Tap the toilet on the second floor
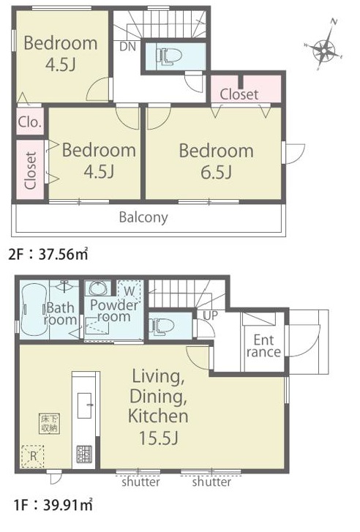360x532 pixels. [x=168, y=56]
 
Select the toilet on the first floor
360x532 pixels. [x=163, y=326]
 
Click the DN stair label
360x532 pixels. [x=127, y=47]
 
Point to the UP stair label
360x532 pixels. [x=211, y=315]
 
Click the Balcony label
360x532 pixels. [x=143, y=217]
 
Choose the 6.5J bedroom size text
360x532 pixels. [x=216, y=173]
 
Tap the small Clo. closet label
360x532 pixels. [x=30, y=121]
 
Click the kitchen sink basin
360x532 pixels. [x=84, y=405]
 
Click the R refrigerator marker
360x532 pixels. [x=33, y=456]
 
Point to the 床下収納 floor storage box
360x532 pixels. [x=49, y=424]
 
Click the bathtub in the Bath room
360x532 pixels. [x=34, y=309]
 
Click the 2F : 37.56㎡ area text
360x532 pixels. [x=48, y=254]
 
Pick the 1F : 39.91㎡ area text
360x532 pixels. [x=53, y=505]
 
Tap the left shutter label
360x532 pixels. [x=140, y=482]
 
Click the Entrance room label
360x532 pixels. [x=263, y=345]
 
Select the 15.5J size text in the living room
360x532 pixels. [x=159, y=438]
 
